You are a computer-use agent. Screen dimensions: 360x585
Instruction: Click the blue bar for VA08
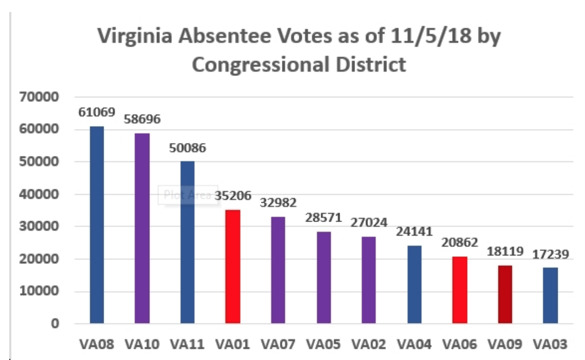(x=97, y=224)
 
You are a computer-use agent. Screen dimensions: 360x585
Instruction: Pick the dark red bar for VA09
(x=505, y=294)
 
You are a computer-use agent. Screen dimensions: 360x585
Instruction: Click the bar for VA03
(x=550, y=295)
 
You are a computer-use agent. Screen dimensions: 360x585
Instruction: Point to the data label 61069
(x=96, y=112)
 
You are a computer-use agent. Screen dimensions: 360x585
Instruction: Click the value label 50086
(x=187, y=149)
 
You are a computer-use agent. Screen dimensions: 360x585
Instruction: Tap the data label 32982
(x=278, y=203)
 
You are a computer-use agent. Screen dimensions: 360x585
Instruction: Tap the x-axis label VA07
(x=278, y=345)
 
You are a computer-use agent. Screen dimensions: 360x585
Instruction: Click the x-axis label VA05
(x=323, y=345)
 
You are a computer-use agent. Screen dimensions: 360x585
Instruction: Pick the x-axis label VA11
(x=187, y=345)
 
